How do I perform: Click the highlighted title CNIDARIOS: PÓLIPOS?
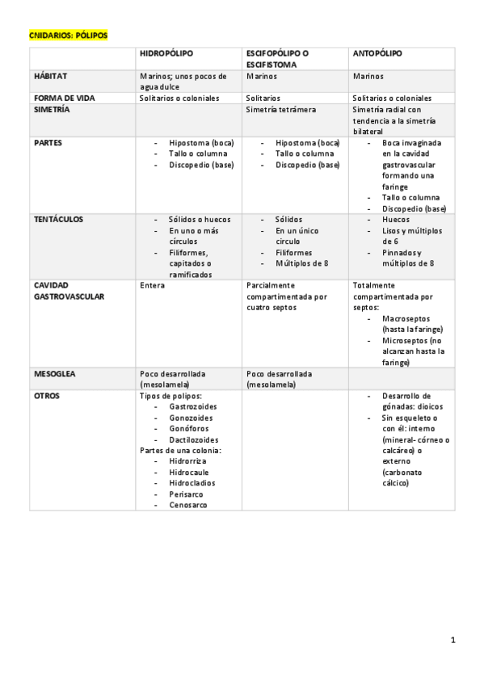[x=68, y=36]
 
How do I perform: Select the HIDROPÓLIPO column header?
[x=166, y=53]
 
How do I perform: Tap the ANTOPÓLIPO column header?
[x=377, y=53]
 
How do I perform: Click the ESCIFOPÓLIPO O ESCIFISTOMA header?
[x=276, y=58]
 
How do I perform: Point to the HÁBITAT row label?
[x=51, y=76]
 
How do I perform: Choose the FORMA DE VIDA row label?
[x=64, y=98]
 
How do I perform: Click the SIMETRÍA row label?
[x=52, y=109]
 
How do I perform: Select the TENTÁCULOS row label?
[x=59, y=219]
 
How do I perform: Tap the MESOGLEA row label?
[x=54, y=374]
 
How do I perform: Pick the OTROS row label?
[x=47, y=396]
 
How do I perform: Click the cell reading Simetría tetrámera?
[x=280, y=109]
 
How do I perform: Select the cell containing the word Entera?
[x=152, y=285]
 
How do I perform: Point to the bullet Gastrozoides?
[x=191, y=407]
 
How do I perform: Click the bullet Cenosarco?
[x=187, y=504]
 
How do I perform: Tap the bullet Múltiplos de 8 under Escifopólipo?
[x=301, y=263]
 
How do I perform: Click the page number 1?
[x=453, y=641]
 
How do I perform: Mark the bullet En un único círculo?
[x=295, y=236]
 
